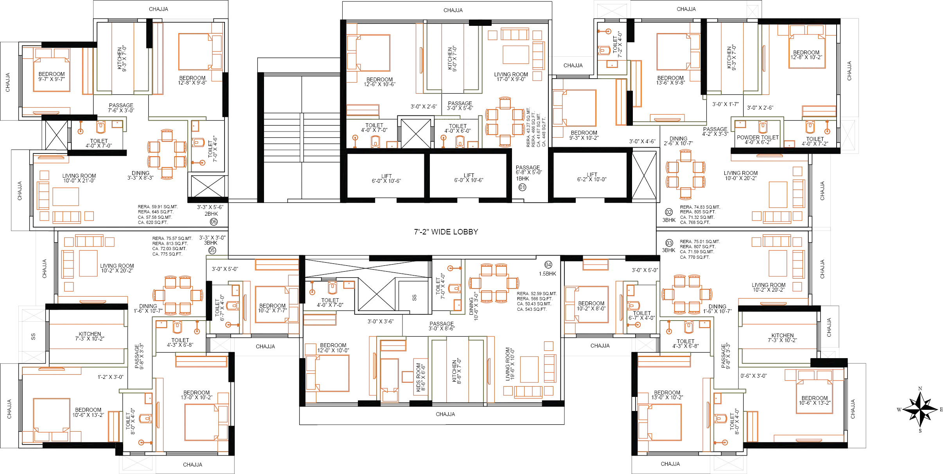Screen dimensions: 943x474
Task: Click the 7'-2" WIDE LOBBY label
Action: [x=446, y=232]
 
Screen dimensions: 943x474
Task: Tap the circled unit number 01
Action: [x=523, y=187]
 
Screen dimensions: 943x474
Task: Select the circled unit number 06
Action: [x=214, y=222]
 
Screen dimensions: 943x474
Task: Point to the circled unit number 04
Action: [x=548, y=265]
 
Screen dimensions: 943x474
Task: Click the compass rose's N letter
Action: [x=920, y=389]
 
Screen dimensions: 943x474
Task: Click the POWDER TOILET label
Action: [x=758, y=137]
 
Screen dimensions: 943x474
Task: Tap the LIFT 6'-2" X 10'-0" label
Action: [x=592, y=177]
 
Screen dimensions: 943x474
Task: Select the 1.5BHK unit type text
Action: [x=547, y=274]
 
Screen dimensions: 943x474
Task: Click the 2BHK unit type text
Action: [x=211, y=214]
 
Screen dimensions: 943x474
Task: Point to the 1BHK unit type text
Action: [x=523, y=179]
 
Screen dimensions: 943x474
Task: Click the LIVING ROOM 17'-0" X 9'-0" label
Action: [x=511, y=77]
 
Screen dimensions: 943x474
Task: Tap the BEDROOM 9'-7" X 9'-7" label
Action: [x=52, y=77]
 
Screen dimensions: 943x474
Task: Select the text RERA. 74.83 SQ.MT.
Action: [x=700, y=207]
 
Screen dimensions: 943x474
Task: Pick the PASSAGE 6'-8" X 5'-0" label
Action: [x=528, y=170]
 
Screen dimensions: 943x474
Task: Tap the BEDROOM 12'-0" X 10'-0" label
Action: [x=333, y=348]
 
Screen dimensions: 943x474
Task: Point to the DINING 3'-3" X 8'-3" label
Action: [x=140, y=175]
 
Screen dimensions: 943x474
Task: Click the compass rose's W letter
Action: [x=899, y=410]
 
